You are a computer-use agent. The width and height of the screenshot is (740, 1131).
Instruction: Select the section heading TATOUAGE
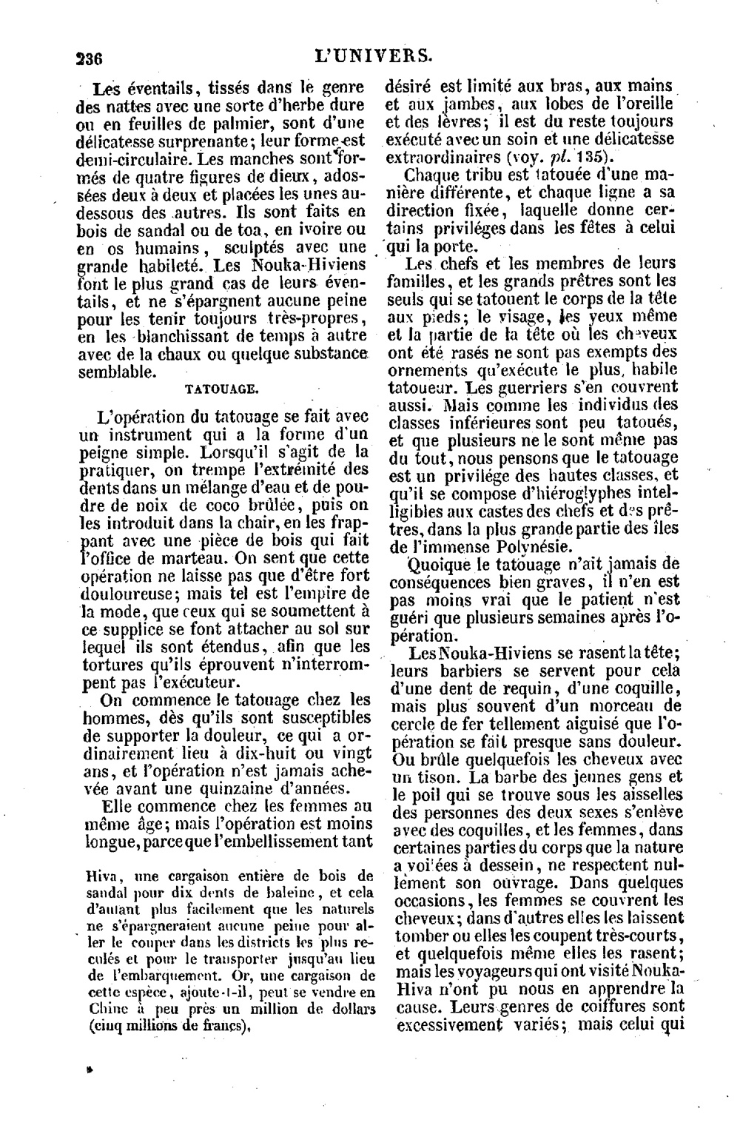tap(220, 387)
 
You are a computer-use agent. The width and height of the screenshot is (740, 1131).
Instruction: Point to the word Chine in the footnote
tap(101, 1007)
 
